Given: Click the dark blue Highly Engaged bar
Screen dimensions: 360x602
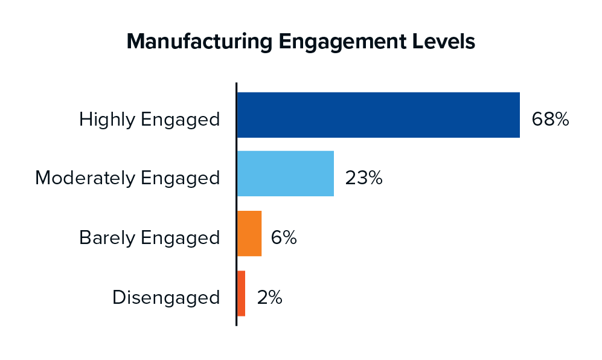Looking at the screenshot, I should coord(378,115).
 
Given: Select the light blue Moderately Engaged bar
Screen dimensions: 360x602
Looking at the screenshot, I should coord(285,173).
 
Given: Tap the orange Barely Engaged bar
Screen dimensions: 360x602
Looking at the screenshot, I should coord(249,233).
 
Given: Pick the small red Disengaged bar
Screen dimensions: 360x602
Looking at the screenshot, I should coord(241,293).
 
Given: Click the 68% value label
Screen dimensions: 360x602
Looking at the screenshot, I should coord(550,119).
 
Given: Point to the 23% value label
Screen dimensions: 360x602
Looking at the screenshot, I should coord(363,178).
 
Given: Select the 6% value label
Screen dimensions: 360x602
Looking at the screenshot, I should coord(283,238).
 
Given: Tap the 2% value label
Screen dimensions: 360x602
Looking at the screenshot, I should coord(269,297).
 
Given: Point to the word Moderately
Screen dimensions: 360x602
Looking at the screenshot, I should coord(85,178).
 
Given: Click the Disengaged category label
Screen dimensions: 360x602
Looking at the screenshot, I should coord(166,298).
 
